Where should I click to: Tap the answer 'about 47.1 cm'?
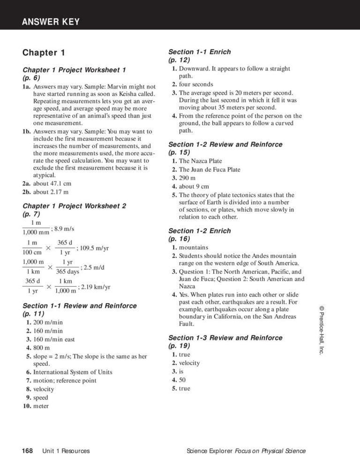click(52, 183)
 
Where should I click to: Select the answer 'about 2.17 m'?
click(51, 192)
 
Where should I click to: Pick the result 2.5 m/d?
click(94, 267)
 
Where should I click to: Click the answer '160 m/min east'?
click(54, 339)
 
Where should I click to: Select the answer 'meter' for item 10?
click(41, 406)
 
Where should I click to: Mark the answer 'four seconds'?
click(196, 84)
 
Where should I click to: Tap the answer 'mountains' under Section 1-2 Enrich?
click(194, 247)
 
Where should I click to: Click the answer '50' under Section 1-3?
click(183, 380)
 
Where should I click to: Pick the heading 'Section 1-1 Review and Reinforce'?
click(80, 306)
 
